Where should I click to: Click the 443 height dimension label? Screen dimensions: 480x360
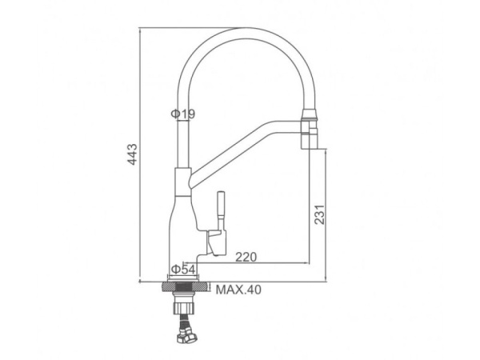[133, 154]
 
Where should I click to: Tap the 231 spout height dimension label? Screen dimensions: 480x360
[319, 214]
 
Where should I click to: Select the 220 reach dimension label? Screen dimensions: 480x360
[246, 257]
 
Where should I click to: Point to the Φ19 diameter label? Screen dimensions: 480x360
[182, 114]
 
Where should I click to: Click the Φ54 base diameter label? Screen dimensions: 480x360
[183, 270]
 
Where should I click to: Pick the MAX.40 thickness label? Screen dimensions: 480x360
[238, 290]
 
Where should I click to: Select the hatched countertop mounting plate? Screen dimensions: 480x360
[185, 287]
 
